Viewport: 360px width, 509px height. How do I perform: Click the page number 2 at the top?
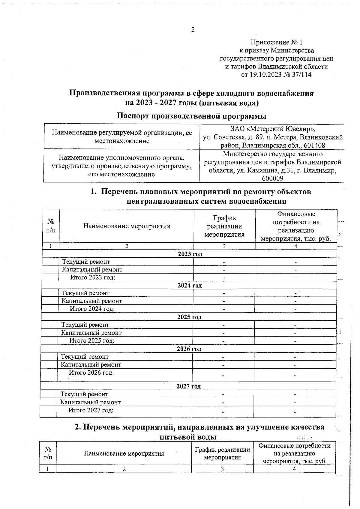coord(193,30)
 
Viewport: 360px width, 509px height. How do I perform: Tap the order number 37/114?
coord(301,75)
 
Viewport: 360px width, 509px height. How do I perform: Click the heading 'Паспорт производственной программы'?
coord(191,116)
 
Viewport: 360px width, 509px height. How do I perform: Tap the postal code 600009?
coord(272,178)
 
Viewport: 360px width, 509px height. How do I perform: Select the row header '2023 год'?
coord(190,254)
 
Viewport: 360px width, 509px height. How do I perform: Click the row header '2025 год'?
coord(189,317)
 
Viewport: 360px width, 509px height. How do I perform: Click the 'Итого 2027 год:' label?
coord(91,410)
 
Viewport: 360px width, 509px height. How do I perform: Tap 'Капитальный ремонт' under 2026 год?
coord(91,365)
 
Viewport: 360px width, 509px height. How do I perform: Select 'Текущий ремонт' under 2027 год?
coord(84,394)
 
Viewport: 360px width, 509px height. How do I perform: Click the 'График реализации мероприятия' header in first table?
coord(224,226)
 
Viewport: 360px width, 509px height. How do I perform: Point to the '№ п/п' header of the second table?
coord(47,453)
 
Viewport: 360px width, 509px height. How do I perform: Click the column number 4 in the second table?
coord(294,469)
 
